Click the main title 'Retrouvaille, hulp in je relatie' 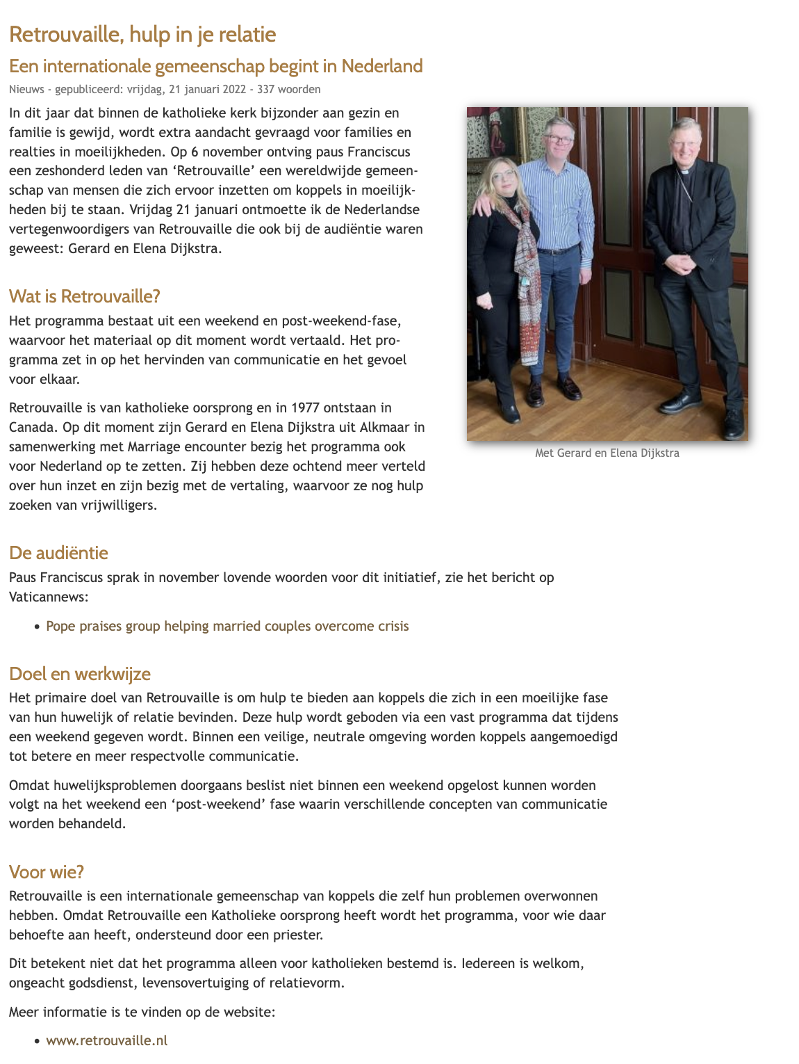(x=142, y=34)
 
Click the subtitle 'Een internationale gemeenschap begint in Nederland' (x=215, y=66)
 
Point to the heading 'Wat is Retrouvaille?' (x=84, y=296)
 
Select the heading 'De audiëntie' (x=58, y=553)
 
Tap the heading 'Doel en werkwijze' (x=79, y=674)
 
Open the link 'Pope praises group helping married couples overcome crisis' (x=227, y=626)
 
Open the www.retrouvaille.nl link (x=106, y=1040)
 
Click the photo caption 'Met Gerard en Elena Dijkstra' (x=607, y=453)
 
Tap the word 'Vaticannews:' (x=49, y=597)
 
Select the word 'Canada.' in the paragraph (x=32, y=427)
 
